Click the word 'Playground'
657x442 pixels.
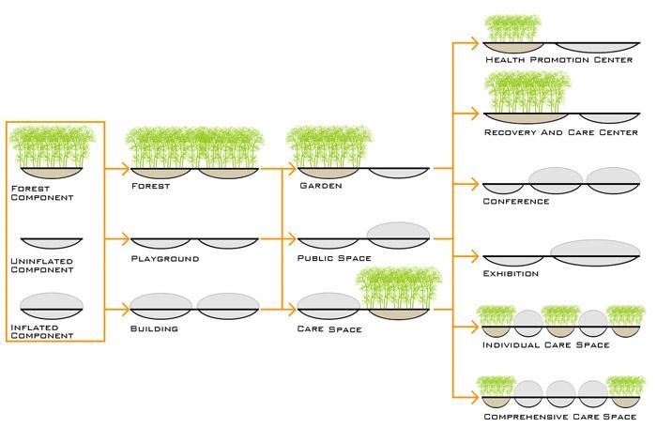click(165, 258)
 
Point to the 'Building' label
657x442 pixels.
click(156, 329)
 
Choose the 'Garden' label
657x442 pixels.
click(319, 186)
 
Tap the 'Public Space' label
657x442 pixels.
click(334, 258)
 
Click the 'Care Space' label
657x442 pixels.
click(328, 329)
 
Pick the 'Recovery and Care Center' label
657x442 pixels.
click(561, 132)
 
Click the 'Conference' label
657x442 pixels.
click(516, 202)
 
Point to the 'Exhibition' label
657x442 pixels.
click(512, 274)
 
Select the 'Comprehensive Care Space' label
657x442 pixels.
click(560, 415)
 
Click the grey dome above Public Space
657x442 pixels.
click(398, 234)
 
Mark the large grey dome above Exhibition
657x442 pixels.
click(595, 250)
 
